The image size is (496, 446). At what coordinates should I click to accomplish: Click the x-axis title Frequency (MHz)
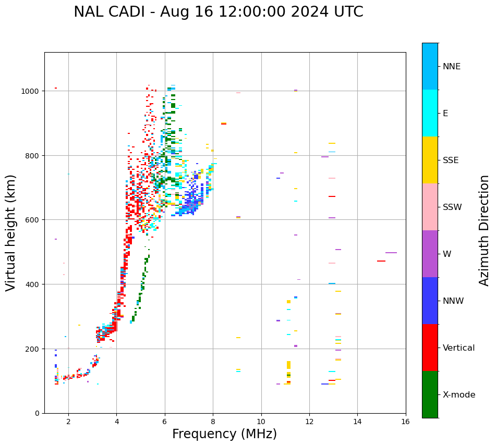pyautogui.click(x=224, y=434)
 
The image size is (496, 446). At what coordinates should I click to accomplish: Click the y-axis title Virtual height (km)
pyautogui.click(x=11, y=232)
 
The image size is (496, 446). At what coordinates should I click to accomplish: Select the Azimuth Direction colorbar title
pyautogui.click(x=485, y=230)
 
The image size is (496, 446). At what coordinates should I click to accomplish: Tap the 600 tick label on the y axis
pyautogui.click(x=34, y=220)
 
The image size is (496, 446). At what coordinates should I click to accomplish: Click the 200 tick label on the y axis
pyautogui.click(x=34, y=349)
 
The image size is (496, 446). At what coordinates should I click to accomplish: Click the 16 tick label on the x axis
pyautogui.click(x=405, y=422)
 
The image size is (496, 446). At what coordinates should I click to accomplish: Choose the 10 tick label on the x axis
pyautogui.click(x=261, y=422)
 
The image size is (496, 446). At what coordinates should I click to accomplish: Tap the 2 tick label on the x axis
pyautogui.click(x=68, y=422)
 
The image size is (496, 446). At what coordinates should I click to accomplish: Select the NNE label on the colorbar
pyautogui.click(x=452, y=67)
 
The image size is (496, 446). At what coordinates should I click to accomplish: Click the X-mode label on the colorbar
pyautogui.click(x=459, y=395)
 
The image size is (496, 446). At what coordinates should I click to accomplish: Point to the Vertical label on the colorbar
pyautogui.click(x=459, y=348)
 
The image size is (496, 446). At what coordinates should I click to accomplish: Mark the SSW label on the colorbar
pyautogui.click(x=452, y=207)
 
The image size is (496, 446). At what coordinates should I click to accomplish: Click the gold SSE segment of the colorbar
pyautogui.click(x=430, y=160)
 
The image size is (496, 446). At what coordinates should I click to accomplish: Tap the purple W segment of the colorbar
pyautogui.click(x=430, y=254)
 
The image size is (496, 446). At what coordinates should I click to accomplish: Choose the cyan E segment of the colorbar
pyautogui.click(x=430, y=113)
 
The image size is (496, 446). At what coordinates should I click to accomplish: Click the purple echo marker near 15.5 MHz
pyautogui.click(x=391, y=253)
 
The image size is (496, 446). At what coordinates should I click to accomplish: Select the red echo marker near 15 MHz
pyautogui.click(x=381, y=261)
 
